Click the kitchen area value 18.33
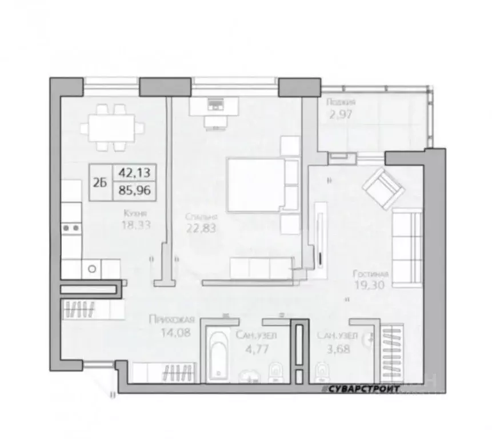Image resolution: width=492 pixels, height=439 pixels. click(136, 226)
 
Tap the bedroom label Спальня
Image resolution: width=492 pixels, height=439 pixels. click(201, 217)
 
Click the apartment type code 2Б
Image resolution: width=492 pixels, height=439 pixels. click(101, 183)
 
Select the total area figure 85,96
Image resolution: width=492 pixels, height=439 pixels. click(134, 191)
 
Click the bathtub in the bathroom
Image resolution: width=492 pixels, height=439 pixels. click(218, 355)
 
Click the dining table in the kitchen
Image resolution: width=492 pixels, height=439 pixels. click(111, 127)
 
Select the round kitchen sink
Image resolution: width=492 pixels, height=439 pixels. click(91, 267)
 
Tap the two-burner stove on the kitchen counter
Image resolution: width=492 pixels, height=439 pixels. click(72, 228)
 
